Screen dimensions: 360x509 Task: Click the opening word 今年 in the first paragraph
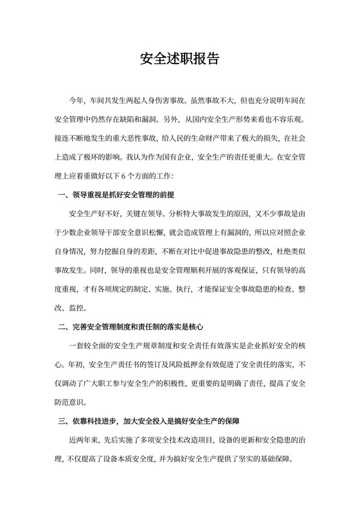(x=76, y=101)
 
